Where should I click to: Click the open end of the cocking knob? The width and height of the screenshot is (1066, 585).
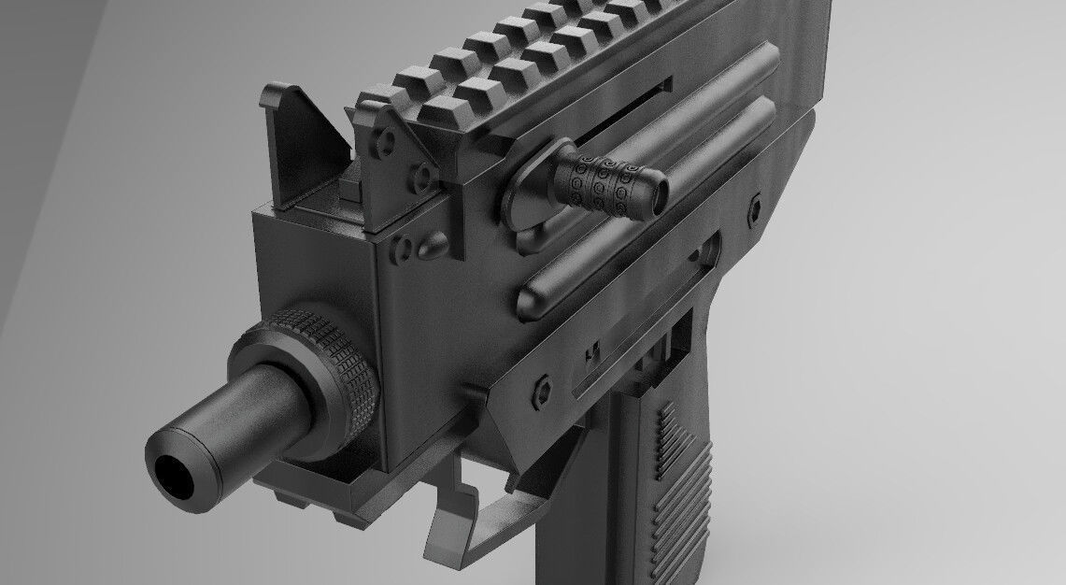coord(660,191)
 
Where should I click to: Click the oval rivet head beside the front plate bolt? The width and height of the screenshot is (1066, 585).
coord(434,248)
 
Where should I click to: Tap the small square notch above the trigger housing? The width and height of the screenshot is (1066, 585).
coord(590,353)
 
